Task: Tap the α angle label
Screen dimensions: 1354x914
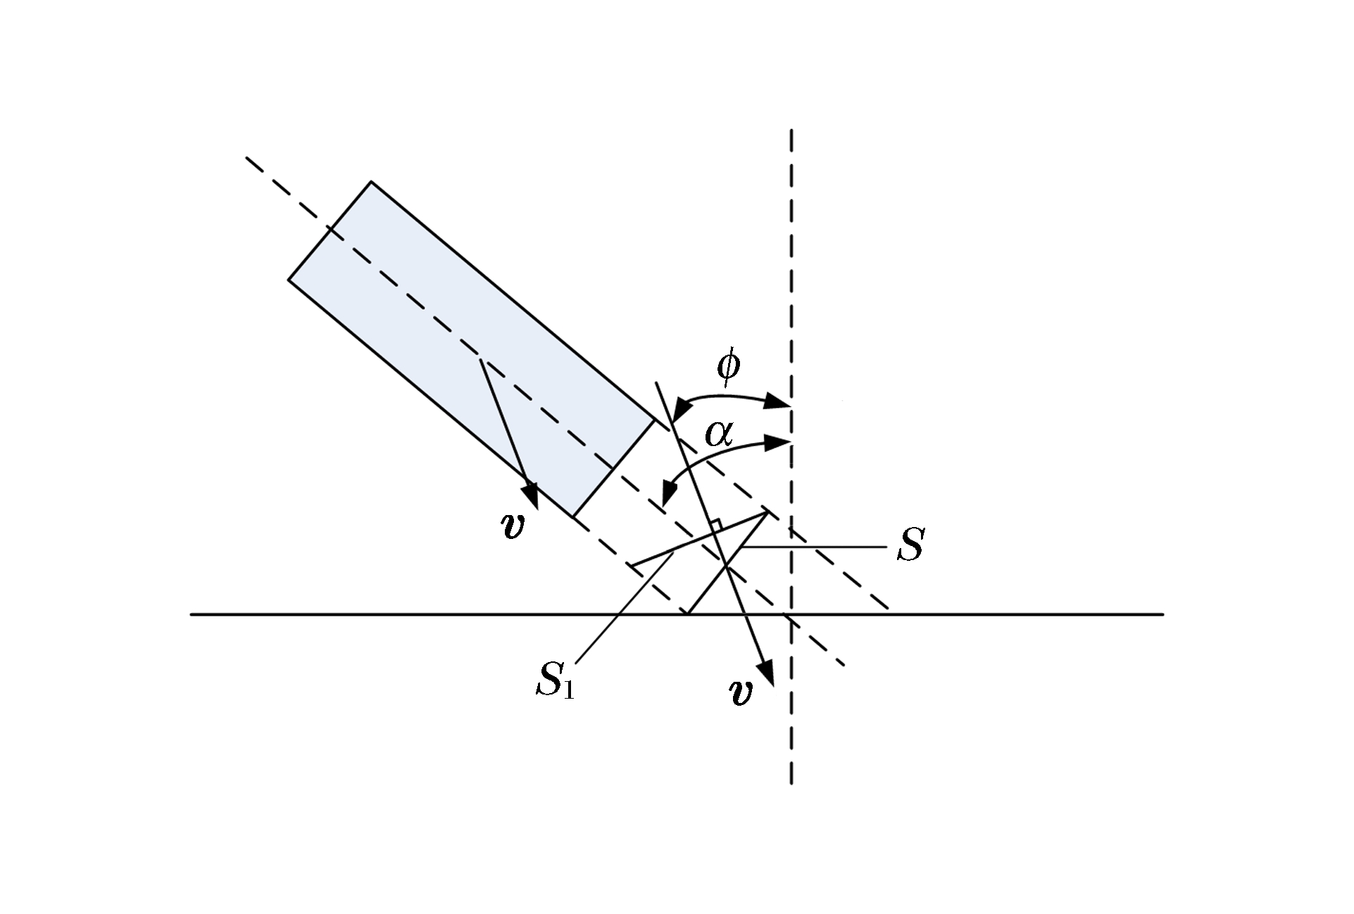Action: point(719,435)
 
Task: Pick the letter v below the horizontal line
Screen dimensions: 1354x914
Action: point(740,692)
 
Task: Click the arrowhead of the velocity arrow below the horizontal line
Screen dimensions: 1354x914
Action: point(767,671)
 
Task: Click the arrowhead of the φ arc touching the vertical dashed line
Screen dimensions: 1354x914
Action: point(778,402)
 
